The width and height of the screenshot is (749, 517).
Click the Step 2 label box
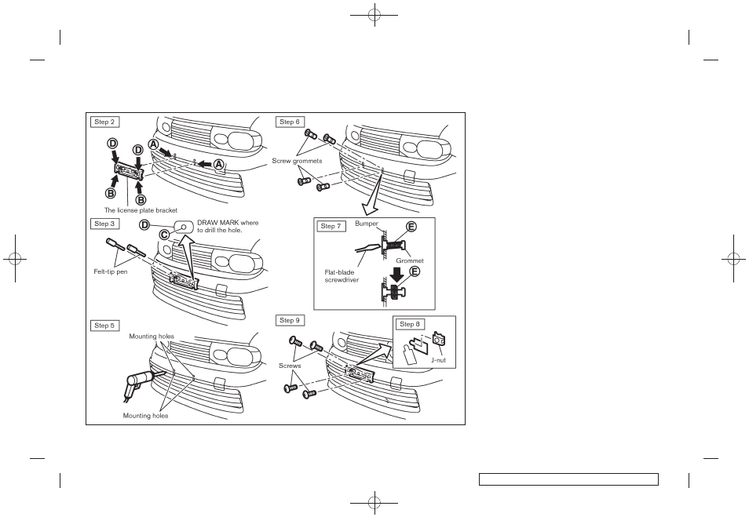pos(104,122)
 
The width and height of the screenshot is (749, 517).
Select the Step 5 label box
pos(104,326)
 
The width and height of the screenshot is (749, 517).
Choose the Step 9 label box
pos(290,320)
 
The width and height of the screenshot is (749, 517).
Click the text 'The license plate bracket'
pos(141,210)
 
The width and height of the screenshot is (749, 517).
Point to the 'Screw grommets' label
pos(298,161)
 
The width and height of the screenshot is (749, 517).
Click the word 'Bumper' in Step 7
pos(366,224)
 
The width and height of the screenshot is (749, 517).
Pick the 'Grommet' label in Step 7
pos(409,260)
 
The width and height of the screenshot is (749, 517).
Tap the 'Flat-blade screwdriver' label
pos(342,276)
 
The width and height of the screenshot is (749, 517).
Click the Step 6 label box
pos(290,122)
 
